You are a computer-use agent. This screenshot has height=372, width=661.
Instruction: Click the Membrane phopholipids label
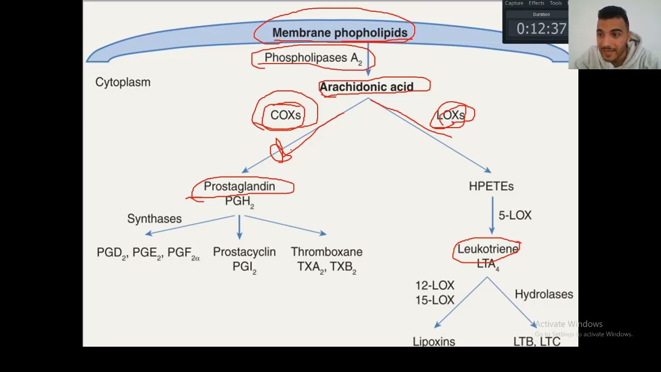(x=339, y=33)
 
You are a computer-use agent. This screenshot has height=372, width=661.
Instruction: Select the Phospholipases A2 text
(x=313, y=58)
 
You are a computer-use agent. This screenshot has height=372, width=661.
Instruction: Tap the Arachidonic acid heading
(x=366, y=87)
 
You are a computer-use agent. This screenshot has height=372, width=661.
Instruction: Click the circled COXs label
(x=285, y=115)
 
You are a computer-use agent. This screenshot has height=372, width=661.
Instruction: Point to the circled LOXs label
(x=450, y=116)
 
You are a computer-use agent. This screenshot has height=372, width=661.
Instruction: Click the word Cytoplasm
(x=123, y=82)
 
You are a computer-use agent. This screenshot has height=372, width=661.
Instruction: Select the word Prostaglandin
(x=239, y=187)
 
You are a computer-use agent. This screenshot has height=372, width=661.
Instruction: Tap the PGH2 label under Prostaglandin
(x=239, y=202)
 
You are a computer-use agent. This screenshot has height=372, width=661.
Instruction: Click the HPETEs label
(x=491, y=187)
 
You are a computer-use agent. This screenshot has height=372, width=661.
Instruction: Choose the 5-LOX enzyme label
(x=515, y=215)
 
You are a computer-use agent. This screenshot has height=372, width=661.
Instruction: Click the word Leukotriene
(x=487, y=249)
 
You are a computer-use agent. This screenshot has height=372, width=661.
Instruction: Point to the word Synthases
(x=154, y=219)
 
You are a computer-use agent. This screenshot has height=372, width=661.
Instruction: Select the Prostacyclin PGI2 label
(x=244, y=259)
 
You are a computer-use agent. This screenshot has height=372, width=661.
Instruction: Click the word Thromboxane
(x=326, y=252)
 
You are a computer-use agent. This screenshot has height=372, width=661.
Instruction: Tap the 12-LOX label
(x=435, y=286)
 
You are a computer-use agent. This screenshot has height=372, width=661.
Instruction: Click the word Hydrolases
(x=544, y=295)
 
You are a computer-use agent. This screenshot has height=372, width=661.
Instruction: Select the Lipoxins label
(x=434, y=342)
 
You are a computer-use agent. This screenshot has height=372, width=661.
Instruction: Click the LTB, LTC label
(x=537, y=342)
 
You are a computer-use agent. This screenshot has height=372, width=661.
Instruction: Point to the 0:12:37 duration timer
(x=541, y=29)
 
